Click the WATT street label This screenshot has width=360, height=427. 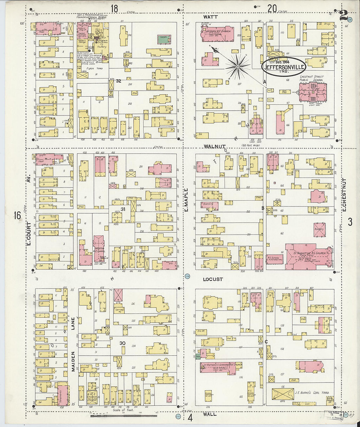(x=210, y=17)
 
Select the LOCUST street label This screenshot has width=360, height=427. (x=213, y=279)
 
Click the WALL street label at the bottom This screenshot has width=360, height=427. (x=209, y=414)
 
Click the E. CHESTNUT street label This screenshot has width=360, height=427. (x=344, y=195)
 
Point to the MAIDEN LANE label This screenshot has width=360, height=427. (x=73, y=344)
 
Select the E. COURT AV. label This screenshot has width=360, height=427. (x=28, y=226)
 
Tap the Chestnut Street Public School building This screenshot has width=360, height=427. (x=313, y=92)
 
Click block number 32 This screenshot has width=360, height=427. (x=118, y=81)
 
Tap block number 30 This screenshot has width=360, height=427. (x=122, y=343)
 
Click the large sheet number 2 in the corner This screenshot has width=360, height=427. (x=343, y=15)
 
